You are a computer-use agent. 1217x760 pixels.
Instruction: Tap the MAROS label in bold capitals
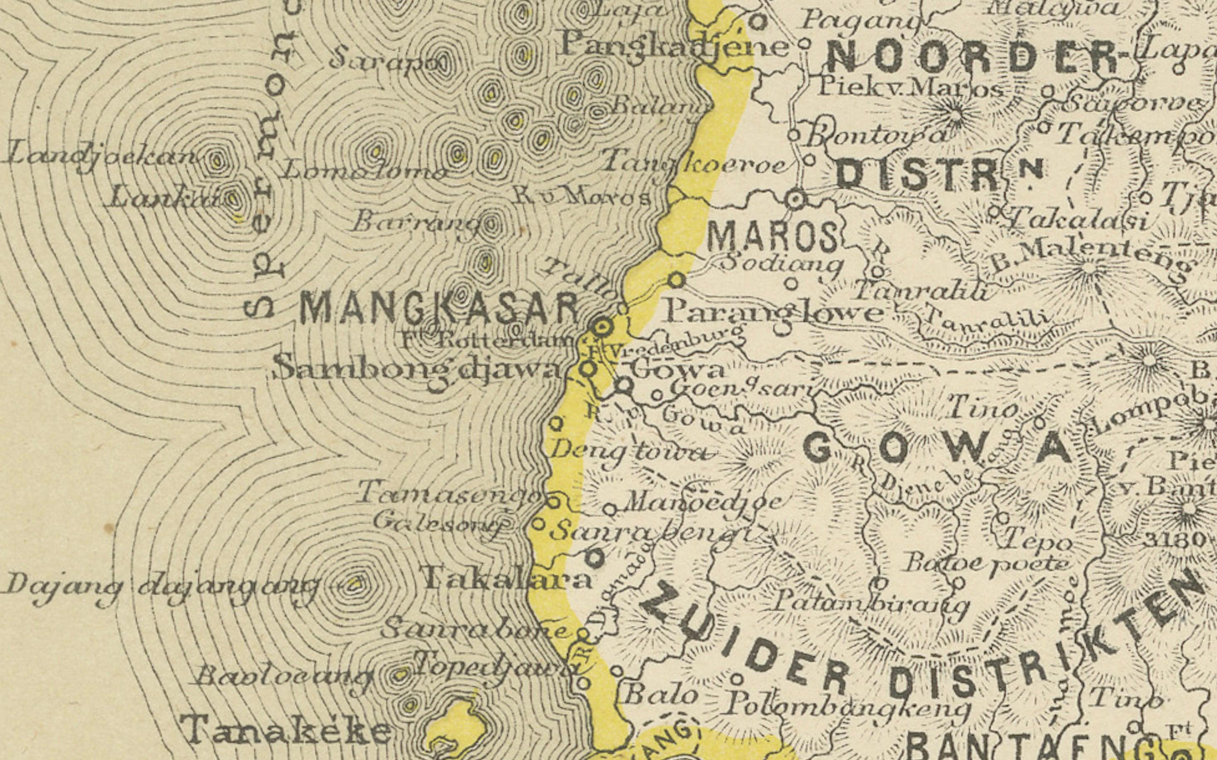(772, 237)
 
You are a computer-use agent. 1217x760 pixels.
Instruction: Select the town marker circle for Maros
(796, 200)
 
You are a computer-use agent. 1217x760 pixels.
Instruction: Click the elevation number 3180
(1175, 540)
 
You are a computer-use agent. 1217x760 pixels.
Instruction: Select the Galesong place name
(437, 523)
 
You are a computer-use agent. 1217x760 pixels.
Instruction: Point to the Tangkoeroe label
(694, 163)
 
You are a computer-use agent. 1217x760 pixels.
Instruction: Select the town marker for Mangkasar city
(604, 328)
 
